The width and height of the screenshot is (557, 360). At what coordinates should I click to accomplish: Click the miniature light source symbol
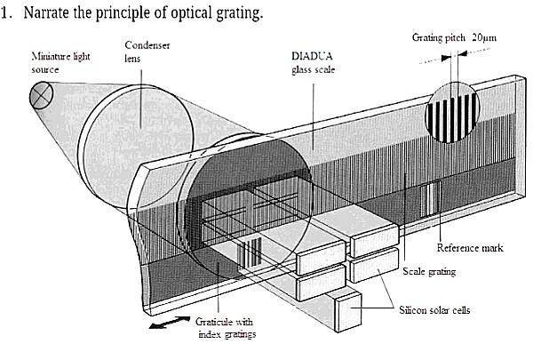coord(41,92)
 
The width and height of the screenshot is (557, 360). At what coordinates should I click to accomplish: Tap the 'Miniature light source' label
coord(52,62)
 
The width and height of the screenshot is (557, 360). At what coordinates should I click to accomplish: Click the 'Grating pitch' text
coord(438,39)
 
